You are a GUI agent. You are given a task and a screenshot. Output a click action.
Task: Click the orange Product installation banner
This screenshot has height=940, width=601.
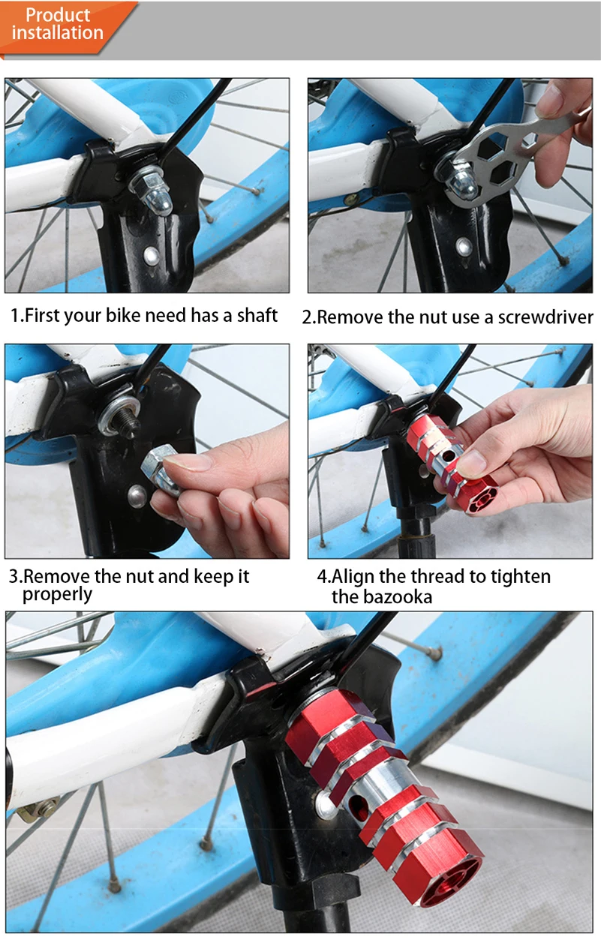[x=63, y=26]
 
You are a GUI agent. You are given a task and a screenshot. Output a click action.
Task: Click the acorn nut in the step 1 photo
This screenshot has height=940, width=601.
[x=153, y=191]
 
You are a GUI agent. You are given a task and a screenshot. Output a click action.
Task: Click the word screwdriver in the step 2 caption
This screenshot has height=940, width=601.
[x=545, y=317]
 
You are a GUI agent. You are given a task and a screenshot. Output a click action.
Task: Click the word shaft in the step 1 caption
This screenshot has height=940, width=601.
[x=257, y=315]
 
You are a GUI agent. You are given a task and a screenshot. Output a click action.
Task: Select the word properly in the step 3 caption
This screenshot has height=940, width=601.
[x=57, y=595]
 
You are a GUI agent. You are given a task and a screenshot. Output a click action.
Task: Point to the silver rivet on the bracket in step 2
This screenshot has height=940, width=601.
[x=464, y=247]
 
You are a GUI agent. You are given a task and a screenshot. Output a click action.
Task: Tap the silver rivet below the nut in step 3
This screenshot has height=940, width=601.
[x=137, y=496]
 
